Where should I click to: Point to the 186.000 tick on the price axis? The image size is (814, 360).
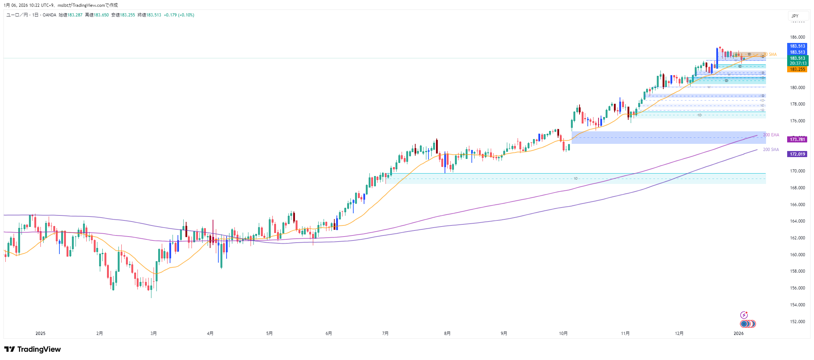[x=798, y=37]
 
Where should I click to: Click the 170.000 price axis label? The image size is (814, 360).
[x=798, y=171]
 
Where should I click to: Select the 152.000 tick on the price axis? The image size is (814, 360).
[x=798, y=322]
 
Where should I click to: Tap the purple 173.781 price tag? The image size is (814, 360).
[x=797, y=140]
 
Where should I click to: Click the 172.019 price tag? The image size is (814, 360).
[x=797, y=154]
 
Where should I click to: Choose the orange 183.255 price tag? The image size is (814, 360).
[x=797, y=69]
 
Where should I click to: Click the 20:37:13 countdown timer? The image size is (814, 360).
[x=798, y=63]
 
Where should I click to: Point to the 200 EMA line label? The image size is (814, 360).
[x=771, y=135]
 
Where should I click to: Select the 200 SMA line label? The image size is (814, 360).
[x=771, y=150]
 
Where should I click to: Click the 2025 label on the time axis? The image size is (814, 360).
[x=40, y=334]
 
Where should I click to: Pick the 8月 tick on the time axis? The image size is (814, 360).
[x=447, y=334]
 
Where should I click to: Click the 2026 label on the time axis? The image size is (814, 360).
[x=738, y=334]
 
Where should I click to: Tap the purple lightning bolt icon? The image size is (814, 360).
[x=744, y=315]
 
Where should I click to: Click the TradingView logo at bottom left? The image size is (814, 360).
[x=33, y=349]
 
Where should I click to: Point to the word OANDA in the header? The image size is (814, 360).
[x=49, y=15]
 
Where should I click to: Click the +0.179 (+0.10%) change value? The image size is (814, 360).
[x=179, y=15]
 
